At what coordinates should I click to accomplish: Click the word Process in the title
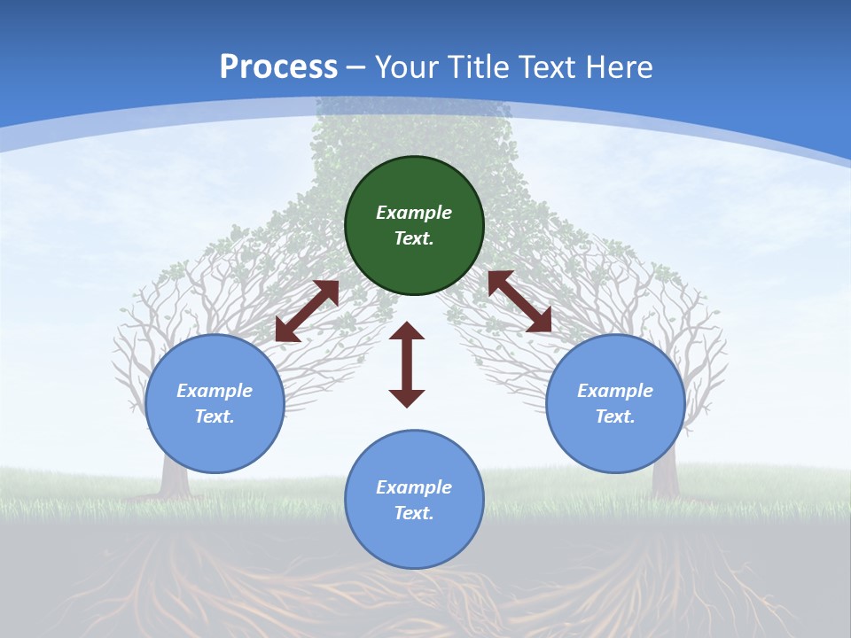[278, 67]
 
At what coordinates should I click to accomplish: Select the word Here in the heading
[620, 67]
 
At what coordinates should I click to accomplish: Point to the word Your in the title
[407, 67]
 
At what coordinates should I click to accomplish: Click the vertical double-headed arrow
[407, 364]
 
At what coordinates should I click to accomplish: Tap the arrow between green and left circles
[307, 311]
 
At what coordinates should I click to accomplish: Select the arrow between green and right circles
[519, 301]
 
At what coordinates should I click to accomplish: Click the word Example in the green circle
[414, 213]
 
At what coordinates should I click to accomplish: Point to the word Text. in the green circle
[414, 238]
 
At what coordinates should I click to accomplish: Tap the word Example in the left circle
[215, 391]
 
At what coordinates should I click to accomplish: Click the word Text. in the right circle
[615, 416]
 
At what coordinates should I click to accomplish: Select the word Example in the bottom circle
[414, 487]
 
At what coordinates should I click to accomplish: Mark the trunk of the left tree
[175, 478]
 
